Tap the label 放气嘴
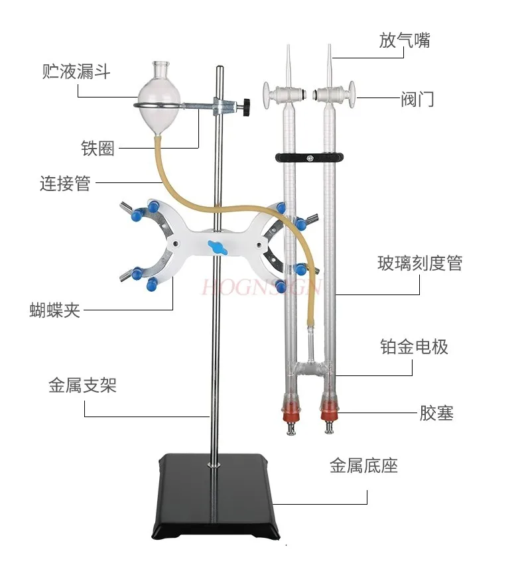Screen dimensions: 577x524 tap(405, 40)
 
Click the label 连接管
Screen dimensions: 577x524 tap(64, 183)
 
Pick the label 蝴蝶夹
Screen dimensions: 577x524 tap(55, 309)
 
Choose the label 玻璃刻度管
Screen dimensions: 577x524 tap(420, 263)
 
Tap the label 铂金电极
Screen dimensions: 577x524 tap(414, 346)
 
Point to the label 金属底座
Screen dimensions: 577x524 tap(363, 466)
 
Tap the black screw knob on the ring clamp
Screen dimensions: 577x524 tap(247, 107)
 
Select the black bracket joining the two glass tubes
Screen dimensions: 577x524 tap(310, 159)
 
